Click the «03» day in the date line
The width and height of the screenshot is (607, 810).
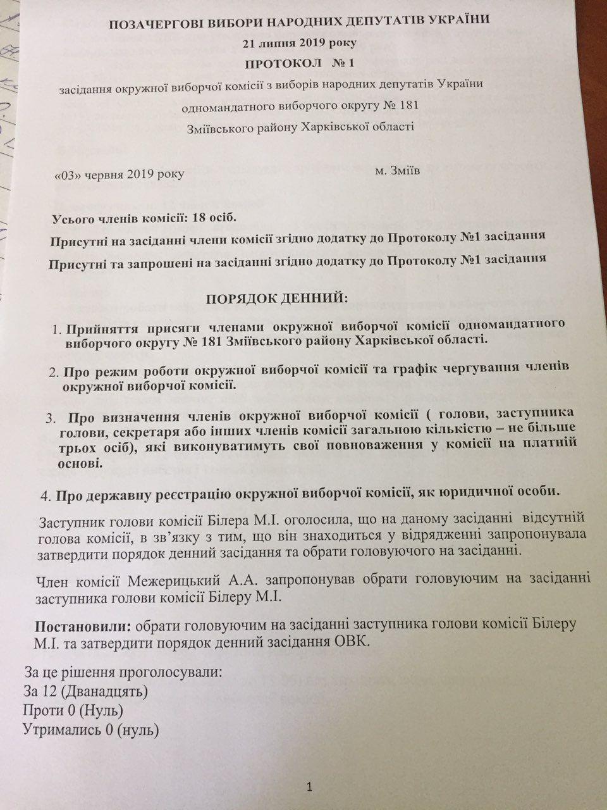[69, 174]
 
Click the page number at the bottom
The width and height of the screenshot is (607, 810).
[309, 787]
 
